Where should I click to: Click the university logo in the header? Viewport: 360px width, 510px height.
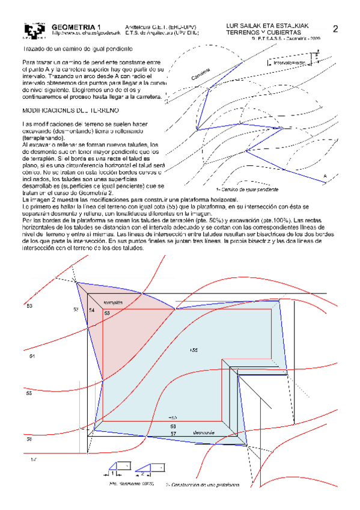34,31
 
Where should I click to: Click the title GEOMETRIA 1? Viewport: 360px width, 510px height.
73,27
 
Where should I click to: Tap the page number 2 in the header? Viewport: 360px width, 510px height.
335,29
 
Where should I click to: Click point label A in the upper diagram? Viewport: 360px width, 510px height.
325,176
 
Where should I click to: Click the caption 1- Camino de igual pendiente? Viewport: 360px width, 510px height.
246,189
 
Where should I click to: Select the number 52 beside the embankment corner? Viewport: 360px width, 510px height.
76,309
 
